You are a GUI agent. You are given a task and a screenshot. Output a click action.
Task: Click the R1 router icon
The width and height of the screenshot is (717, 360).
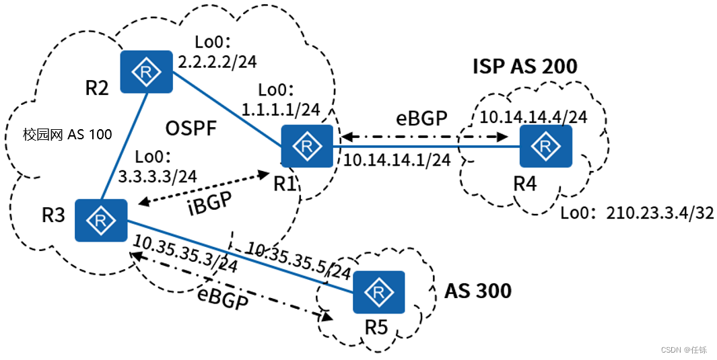point(307,146)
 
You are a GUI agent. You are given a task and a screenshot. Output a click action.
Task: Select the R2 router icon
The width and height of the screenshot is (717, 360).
point(146,72)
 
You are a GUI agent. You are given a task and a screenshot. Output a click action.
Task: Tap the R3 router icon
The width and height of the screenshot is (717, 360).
point(101,220)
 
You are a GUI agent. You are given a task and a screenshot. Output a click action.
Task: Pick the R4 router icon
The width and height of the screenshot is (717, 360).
point(546,146)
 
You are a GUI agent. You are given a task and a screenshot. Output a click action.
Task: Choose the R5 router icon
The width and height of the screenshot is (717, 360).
point(378,292)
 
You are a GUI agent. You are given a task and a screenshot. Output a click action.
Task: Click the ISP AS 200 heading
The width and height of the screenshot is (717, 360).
point(525,67)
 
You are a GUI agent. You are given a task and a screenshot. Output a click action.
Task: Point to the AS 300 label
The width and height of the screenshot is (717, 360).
point(478,291)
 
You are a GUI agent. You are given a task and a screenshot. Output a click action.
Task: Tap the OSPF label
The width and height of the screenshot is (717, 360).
point(191,129)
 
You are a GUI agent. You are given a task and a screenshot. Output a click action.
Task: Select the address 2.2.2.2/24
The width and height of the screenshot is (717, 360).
point(217,61)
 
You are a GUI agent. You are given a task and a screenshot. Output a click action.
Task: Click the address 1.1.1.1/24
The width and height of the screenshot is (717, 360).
point(281,110)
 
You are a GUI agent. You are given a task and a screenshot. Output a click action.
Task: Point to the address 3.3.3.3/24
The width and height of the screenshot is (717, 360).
point(158,176)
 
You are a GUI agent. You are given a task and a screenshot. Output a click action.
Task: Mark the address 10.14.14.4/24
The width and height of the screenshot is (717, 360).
point(533,117)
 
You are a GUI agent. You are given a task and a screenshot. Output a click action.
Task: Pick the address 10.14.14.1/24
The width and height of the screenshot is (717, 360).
point(397,159)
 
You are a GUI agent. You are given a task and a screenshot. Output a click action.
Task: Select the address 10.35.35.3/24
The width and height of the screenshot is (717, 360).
point(185,255)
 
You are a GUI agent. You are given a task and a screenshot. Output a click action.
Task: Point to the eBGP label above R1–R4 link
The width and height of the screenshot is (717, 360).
point(421,118)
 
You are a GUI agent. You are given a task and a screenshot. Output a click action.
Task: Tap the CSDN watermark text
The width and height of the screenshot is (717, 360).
point(684,350)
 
